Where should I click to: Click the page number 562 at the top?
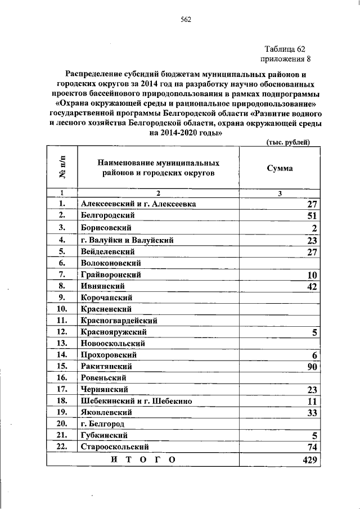[186, 21]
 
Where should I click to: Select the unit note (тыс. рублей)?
[288, 143]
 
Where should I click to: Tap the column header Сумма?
[280, 168]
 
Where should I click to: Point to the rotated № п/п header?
[62, 168]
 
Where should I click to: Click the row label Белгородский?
[107, 215]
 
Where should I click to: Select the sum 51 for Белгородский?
[313, 216]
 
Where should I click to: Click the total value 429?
[310, 460]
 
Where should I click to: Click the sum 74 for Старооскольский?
[313, 447]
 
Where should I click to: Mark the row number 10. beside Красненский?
[62, 309]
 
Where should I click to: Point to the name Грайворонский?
[110, 275]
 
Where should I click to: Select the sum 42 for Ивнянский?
[313, 287]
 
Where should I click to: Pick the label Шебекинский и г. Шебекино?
[137, 401]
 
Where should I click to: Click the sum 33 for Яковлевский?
[313, 413]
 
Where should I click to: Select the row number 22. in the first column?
[62, 447]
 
